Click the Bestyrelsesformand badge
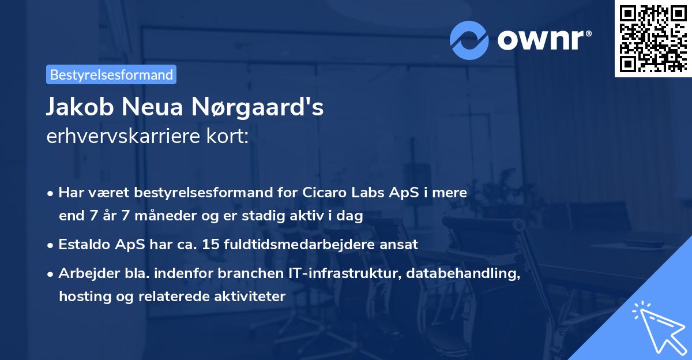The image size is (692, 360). (x=111, y=74)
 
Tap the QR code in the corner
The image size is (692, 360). (x=653, y=38)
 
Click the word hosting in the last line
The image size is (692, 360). (x=80, y=297)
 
